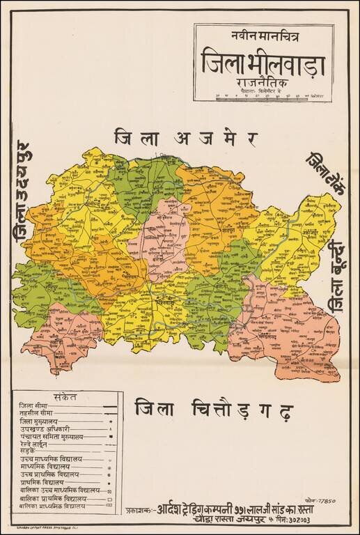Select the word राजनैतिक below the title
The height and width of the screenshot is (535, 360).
(x=263, y=83)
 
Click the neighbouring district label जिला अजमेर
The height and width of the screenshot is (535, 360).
(x=186, y=137)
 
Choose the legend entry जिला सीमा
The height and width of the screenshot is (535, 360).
(x=34, y=405)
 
